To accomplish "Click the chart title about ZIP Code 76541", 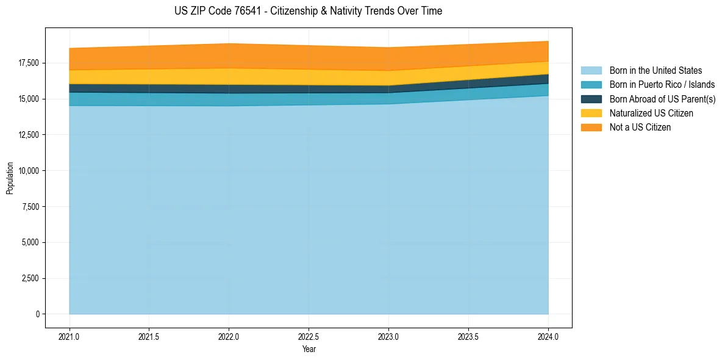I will (x=308, y=11).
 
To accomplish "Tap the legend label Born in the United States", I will (x=655, y=71).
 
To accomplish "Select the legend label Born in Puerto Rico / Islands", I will (x=662, y=85).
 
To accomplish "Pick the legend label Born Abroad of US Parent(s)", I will (x=662, y=99).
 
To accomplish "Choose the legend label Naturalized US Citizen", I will (x=651, y=113).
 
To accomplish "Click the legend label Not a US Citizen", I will (x=640, y=128).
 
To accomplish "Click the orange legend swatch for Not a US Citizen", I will (x=591, y=128).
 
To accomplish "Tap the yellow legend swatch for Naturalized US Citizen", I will (x=591, y=113).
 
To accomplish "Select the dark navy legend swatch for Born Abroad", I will (x=591, y=99).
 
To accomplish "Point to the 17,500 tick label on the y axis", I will (x=28, y=63).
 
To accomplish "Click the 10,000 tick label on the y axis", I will (x=28, y=171).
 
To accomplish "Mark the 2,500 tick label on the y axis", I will (x=30, y=278).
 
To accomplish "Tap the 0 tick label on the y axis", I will (x=38, y=314).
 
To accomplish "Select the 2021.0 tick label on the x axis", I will (x=70, y=336).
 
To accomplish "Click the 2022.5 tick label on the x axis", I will (x=309, y=336).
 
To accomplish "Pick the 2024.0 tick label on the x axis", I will (x=548, y=336).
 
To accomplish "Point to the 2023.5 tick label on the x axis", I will (x=468, y=336).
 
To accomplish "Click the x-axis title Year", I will (x=309, y=349).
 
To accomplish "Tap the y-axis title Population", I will (x=10, y=178).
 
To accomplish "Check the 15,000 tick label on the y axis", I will (x=28, y=99).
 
